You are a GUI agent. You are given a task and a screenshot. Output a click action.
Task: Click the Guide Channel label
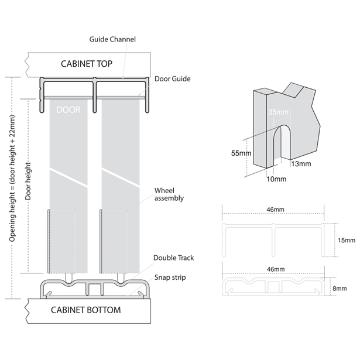[x=112, y=39]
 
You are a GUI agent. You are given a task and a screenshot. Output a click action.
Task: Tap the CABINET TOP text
[x=87, y=64]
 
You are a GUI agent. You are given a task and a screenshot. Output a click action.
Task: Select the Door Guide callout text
[x=173, y=79]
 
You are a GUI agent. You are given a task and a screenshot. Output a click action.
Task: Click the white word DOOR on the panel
[x=68, y=109]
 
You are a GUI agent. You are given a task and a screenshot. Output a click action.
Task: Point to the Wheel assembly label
[x=169, y=194]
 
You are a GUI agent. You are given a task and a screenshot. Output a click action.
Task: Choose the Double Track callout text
[x=174, y=258]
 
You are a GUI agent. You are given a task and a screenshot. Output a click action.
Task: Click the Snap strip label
[x=170, y=277]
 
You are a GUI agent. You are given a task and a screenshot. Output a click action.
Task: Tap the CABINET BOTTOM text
[x=86, y=310]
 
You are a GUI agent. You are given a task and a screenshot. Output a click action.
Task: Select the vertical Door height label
[x=28, y=181]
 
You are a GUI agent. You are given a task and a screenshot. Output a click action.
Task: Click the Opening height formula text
[x=12, y=179]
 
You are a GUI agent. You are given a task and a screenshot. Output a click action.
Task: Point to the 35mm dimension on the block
[x=278, y=112]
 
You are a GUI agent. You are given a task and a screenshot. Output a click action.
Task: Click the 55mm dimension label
[x=241, y=153]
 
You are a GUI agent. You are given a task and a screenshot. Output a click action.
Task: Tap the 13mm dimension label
[x=301, y=164]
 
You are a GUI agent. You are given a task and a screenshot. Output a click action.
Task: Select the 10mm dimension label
[x=276, y=179]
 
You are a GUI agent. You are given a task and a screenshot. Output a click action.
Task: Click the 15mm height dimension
[x=347, y=240]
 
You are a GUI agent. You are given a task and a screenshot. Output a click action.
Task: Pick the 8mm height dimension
[x=340, y=289]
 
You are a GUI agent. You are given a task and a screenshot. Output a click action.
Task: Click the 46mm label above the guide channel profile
[x=275, y=210]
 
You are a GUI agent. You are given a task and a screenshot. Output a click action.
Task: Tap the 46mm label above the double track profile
[x=276, y=269]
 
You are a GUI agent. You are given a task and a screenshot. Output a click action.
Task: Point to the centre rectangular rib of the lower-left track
[x=94, y=289]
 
